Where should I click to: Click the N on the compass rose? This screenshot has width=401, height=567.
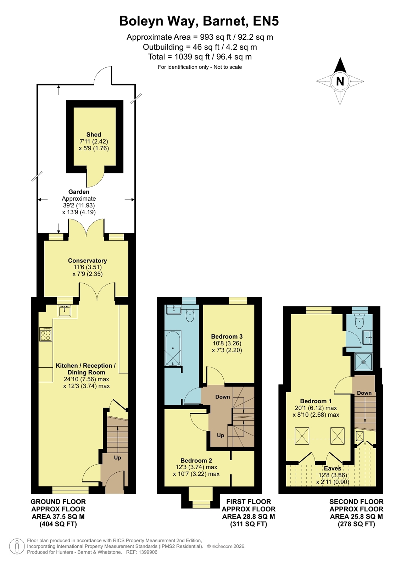click(340, 81)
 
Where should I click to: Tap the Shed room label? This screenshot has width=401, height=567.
click(94, 134)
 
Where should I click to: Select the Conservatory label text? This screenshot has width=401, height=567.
click(87, 261)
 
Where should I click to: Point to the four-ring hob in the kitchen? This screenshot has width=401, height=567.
click(46, 334)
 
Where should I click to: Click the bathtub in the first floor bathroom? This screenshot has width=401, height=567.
click(173, 348)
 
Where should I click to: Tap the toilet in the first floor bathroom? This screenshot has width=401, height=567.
click(190, 316)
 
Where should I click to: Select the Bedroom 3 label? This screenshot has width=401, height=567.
click(227, 337)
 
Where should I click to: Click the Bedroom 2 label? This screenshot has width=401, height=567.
click(196, 460)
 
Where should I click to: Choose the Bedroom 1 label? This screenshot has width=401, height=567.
click(316, 401)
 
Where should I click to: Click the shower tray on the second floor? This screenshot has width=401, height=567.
click(363, 362)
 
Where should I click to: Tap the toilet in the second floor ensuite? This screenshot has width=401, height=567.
click(359, 321)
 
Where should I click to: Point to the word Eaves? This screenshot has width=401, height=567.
click(333, 468)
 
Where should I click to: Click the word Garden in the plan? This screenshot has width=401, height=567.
click(79, 191)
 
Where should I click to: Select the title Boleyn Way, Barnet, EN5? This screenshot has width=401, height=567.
click(199, 21)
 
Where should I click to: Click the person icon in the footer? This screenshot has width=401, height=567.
click(17, 546)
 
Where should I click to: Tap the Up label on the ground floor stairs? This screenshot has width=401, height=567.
click(117, 457)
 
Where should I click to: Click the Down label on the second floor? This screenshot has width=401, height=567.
click(364, 393)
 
